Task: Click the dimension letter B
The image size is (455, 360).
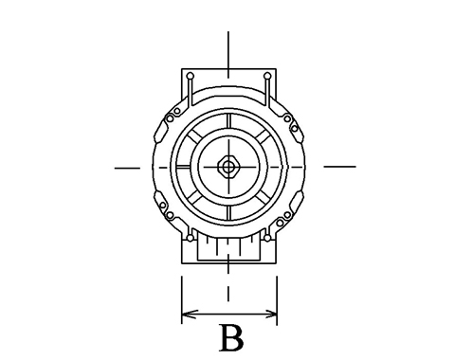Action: coord(231,337)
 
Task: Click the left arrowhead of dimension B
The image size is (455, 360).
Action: coord(189,315)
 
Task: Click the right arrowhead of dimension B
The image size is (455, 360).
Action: coord(270,315)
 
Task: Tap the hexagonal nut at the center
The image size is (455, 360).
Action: coord(227,167)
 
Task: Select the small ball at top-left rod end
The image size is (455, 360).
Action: coord(191,76)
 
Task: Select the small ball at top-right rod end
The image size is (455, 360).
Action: coord(267,76)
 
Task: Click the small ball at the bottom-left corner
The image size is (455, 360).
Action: coord(190,238)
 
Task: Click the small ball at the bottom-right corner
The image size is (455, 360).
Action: coord(267,238)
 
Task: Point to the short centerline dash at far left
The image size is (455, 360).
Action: coord(127,168)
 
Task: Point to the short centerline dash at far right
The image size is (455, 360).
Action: coord(340,166)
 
